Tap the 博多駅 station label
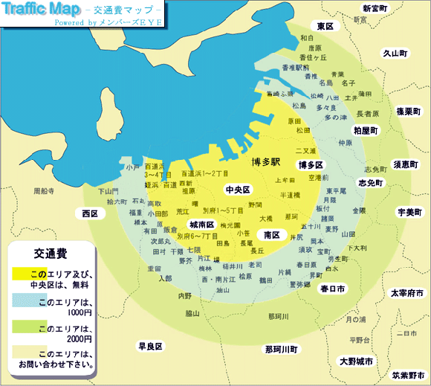click(x=265, y=161)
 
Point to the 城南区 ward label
click(x=201, y=225)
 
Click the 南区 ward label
click(x=271, y=235)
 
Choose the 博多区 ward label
click(x=309, y=164)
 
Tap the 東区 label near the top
click(x=325, y=26)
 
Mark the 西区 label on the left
click(x=91, y=213)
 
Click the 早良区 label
click(x=150, y=347)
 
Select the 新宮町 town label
click(x=375, y=8)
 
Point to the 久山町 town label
click(x=395, y=54)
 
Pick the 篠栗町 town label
click(x=409, y=111)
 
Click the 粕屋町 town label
click(x=366, y=129)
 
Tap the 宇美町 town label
click(x=409, y=212)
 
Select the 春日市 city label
click(x=332, y=288)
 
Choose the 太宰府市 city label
click(x=407, y=293)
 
